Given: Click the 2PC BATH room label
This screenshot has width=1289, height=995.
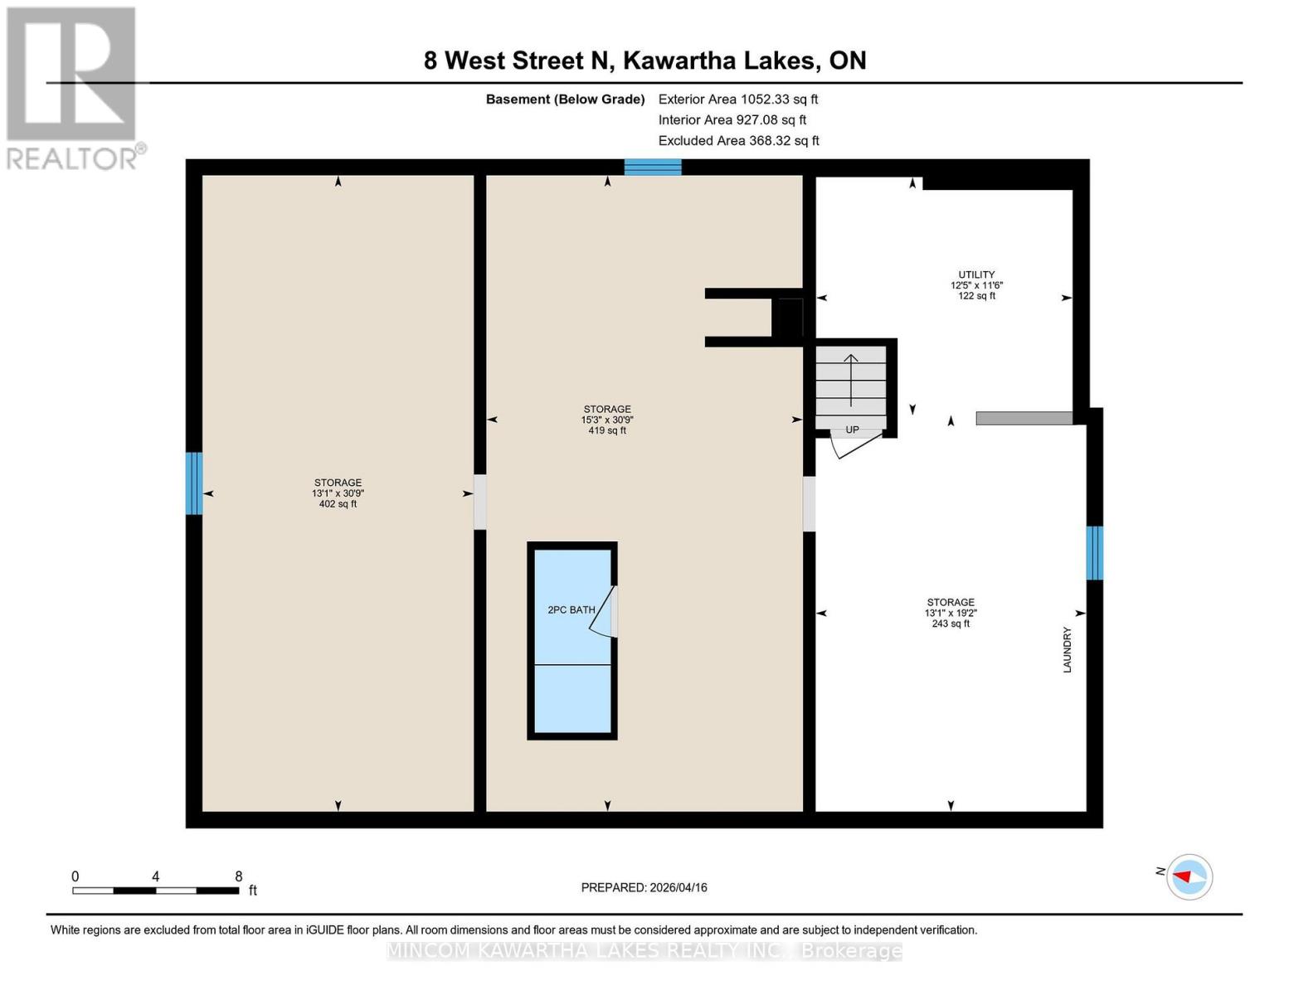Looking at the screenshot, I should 571,609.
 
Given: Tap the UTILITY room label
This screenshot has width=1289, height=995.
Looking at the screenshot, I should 976,274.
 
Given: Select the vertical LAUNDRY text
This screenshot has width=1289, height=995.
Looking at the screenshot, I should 1068,649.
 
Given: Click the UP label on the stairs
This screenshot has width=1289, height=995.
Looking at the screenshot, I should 852,430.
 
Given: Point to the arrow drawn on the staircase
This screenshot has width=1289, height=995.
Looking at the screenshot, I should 851,380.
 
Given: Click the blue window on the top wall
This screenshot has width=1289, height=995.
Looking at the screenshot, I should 653,167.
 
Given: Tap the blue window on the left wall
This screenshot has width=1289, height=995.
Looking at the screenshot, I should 193,483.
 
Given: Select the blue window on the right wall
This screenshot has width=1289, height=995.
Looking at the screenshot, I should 1094,552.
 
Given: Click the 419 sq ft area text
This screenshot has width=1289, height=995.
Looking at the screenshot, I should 607,430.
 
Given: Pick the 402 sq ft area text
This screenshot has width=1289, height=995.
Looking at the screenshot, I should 338,503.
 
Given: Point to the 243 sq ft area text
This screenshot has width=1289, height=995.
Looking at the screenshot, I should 951,624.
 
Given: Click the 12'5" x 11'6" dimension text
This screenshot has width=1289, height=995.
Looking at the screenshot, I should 976,285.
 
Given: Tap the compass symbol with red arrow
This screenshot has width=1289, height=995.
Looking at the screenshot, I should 1189,876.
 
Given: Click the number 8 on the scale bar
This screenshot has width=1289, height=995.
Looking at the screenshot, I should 239,876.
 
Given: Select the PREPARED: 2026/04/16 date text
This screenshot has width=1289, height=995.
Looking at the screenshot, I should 644,887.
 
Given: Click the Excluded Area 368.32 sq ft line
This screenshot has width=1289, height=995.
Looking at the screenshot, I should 738,140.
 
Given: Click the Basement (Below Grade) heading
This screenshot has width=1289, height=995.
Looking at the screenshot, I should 565,99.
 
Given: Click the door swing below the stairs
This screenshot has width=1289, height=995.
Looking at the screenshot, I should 854,445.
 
